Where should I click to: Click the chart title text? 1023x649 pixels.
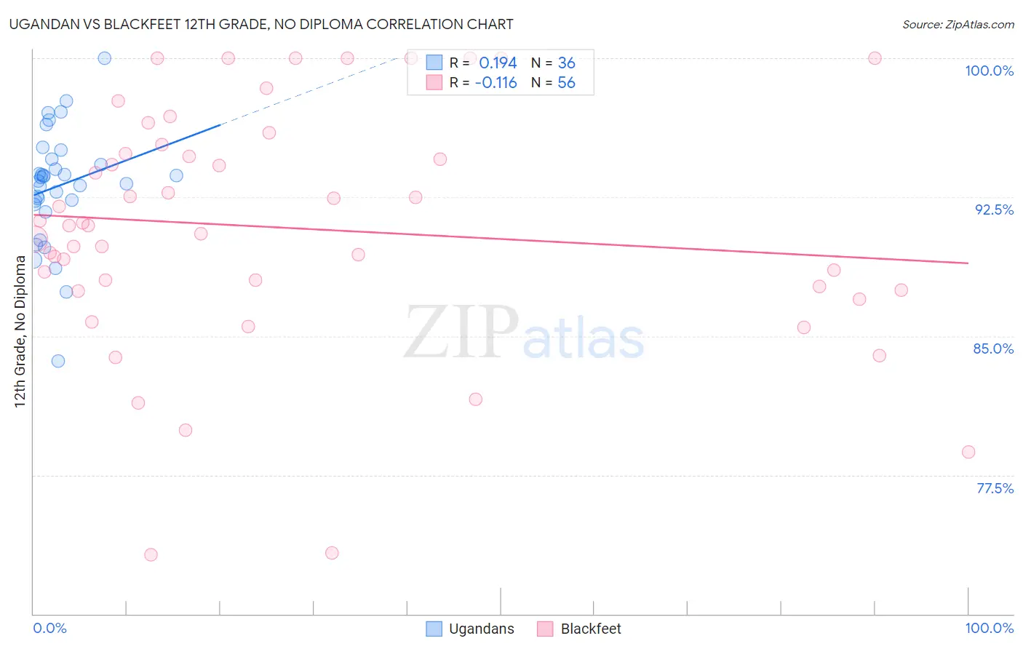261,25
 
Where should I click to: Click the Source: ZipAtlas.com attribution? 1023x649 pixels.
958,25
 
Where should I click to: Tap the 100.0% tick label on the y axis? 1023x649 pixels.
989,71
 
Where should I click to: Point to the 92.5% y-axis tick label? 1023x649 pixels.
994,210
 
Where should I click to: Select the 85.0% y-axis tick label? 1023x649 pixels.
993,349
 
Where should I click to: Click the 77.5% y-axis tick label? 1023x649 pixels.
995,488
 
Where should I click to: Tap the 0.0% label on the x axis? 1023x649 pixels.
49,628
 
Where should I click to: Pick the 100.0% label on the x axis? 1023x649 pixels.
989,628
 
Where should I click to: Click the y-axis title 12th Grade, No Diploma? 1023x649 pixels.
20,331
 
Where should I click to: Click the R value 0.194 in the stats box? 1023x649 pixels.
498,63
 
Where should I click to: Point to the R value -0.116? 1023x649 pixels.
495,83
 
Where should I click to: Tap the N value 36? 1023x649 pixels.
566,63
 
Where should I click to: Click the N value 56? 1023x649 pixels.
566,83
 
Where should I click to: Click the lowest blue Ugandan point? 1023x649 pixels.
58,361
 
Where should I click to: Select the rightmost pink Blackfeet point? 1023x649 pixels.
968,452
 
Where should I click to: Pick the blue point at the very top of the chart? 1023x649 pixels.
104,58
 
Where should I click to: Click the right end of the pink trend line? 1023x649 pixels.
968,263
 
